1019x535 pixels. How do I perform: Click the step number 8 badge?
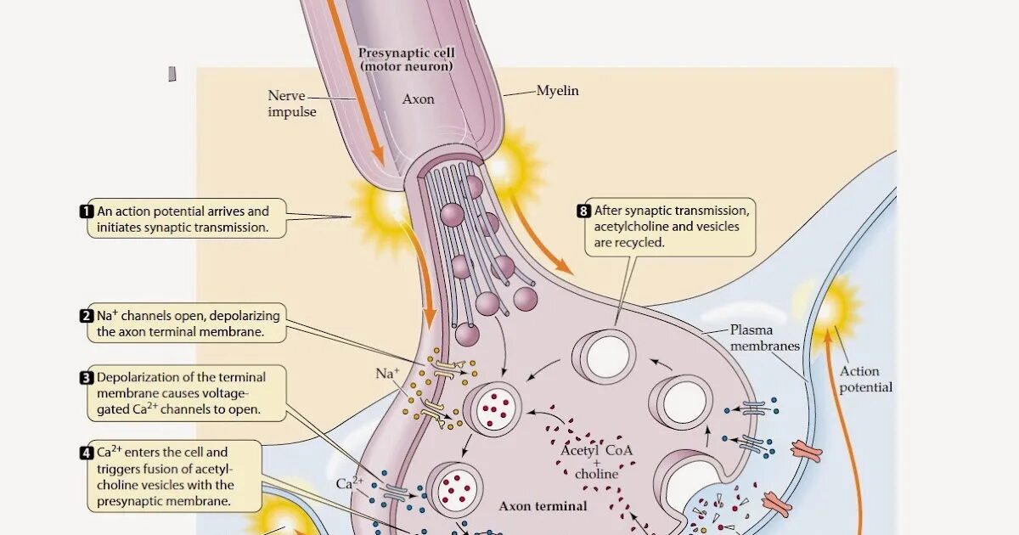583,211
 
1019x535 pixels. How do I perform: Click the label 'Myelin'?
557,90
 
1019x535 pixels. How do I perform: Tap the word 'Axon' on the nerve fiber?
418,99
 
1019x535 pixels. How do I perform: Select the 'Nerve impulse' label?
291,104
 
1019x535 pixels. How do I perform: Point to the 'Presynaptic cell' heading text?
406,53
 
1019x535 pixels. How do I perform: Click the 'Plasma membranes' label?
764,337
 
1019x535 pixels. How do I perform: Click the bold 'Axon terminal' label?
543,506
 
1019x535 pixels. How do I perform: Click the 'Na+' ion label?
387,373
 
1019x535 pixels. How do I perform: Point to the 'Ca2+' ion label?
350,483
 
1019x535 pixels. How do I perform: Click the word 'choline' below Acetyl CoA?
596,474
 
